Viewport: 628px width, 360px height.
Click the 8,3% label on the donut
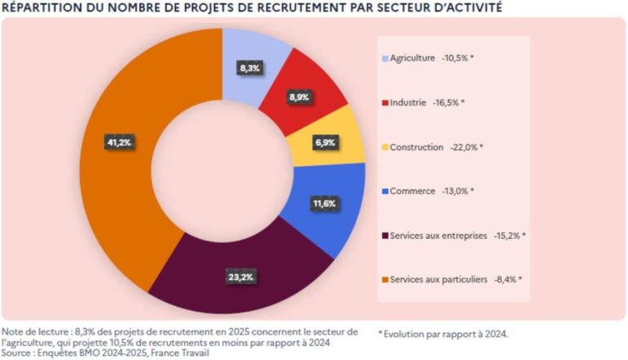click(x=249, y=69)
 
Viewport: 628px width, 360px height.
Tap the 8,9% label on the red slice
click(x=299, y=97)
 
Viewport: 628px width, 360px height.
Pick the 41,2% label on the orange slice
click(x=119, y=142)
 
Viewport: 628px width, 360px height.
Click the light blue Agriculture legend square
click(x=384, y=59)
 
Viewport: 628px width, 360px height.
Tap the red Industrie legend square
click(x=384, y=103)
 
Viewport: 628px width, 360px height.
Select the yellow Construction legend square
click(x=384, y=147)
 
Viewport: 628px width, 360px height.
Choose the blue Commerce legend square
click(x=384, y=191)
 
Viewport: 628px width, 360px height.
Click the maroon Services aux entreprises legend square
click(x=384, y=236)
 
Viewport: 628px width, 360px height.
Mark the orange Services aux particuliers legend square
click(x=384, y=279)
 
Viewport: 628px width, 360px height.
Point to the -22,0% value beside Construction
click(x=467, y=147)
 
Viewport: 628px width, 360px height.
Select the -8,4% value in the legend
click(x=507, y=279)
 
